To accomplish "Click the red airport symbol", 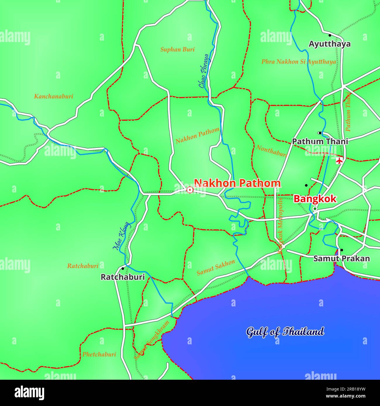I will click(339, 160).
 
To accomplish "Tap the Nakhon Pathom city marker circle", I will click(190, 190).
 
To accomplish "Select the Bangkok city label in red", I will click(315, 199).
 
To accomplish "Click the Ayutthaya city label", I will click(329, 44).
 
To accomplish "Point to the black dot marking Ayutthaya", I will click(330, 35).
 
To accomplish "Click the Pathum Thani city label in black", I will click(320, 142).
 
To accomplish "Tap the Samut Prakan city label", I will click(341, 258).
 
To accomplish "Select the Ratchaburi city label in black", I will click(123, 277).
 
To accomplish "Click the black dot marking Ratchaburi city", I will click(123, 268).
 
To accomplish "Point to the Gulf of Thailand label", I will click(285, 332).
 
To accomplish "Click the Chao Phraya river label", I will click(204, 71).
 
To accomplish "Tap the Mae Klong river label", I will click(121, 236).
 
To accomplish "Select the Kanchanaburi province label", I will click(53, 96).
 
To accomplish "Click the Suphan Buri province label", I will click(177, 49).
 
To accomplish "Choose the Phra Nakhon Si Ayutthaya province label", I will click(298, 62).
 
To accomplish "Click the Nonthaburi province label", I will click(272, 151).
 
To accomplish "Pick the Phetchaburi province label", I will click(99, 354).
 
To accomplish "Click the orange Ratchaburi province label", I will click(83, 266).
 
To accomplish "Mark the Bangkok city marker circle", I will click(315, 209).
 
